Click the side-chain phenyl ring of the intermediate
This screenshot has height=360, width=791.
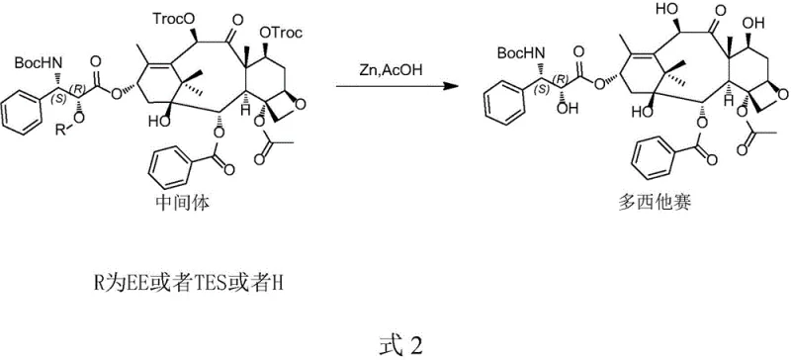pyautogui.click(x=27, y=106)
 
